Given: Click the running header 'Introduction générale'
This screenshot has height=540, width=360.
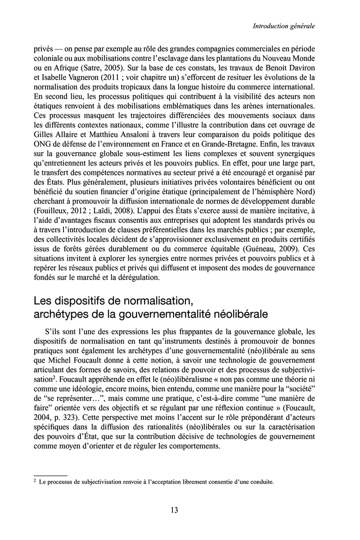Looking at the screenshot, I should pos(283,27).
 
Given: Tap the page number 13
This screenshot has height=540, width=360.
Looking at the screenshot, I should pos(175,510).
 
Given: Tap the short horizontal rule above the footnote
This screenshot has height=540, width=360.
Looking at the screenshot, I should pos(50,475).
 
